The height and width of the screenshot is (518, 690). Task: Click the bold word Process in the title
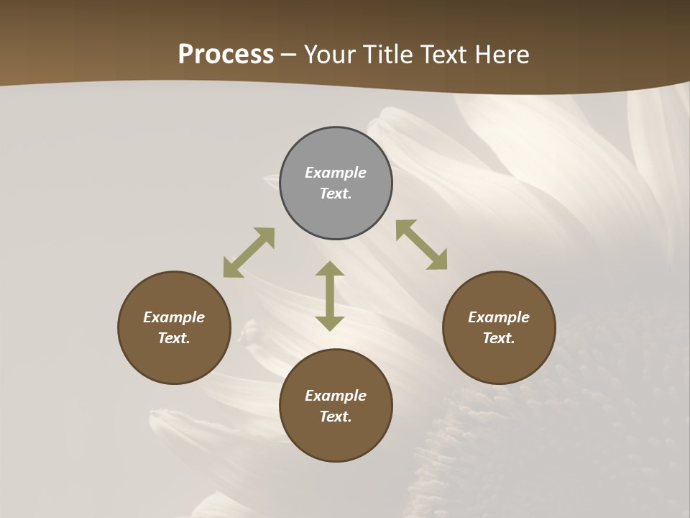pyautogui.click(x=226, y=55)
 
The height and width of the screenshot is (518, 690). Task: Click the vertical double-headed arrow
pyautogui.click(x=330, y=296)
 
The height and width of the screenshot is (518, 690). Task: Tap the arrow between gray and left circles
pyautogui.click(x=249, y=253)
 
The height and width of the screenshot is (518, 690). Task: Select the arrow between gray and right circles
pyautogui.click(x=422, y=245)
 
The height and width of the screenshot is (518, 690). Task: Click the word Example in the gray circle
pyautogui.click(x=336, y=173)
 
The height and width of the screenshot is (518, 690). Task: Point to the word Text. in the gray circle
pyautogui.click(x=336, y=194)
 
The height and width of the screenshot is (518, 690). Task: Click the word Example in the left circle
pyautogui.click(x=174, y=317)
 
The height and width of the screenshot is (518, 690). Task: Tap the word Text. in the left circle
pyautogui.click(x=174, y=338)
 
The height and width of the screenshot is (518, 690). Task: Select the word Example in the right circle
pyautogui.click(x=499, y=317)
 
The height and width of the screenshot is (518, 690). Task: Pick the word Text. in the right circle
pyautogui.click(x=499, y=338)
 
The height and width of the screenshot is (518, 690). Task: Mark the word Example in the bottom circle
pyautogui.click(x=336, y=396)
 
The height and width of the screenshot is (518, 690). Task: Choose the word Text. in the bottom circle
pyautogui.click(x=336, y=417)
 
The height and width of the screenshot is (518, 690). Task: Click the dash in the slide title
pyautogui.click(x=289, y=55)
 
